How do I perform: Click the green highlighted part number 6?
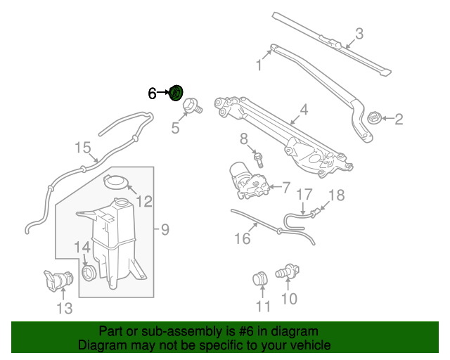click(177, 93)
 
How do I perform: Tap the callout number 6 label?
click(152, 93)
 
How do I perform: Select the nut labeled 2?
click(373, 118)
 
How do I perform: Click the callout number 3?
click(359, 33)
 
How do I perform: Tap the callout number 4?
click(304, 110)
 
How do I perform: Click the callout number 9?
click(165, 229)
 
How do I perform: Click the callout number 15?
click(83, 148)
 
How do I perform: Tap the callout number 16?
click(241, 238)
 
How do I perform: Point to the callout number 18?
click(337, 195)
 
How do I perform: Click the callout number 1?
click(259, 65)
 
